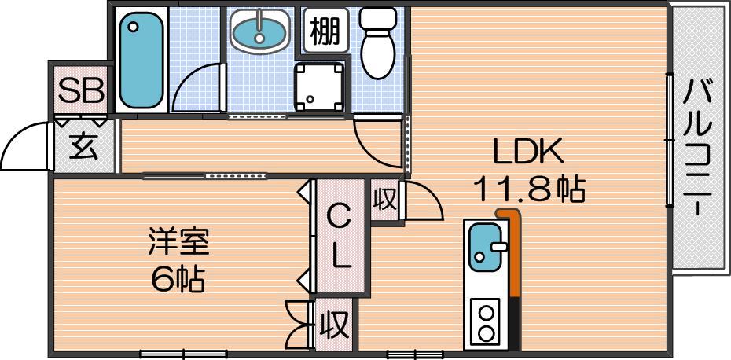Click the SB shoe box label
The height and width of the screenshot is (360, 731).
pos(80,91)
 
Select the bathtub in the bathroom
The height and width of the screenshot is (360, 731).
pos(141,61)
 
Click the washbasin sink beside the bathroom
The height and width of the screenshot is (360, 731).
pos(260,31)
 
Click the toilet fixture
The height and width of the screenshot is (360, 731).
pos(377,42)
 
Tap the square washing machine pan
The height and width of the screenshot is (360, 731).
pos(319,86)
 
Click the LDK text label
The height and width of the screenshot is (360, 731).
pos(528,152)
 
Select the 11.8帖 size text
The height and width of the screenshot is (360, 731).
pos(529,189)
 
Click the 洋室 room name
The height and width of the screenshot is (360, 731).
pos(178,241)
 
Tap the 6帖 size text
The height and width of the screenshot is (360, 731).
pos(178,279)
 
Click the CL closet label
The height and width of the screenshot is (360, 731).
pos(340,237)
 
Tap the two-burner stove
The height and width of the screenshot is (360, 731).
pos(486,322)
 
